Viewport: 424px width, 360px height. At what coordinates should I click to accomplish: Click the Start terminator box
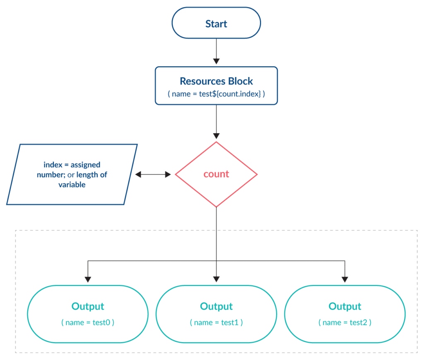pos(216,23)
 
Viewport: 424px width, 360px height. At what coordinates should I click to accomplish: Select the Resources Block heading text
pos(216,81)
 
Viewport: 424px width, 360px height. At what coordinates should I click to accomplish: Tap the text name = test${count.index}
pos(216,94)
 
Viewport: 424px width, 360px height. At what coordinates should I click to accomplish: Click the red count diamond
pos(216,174)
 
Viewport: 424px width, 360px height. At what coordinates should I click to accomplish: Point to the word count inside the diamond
pos(216,174)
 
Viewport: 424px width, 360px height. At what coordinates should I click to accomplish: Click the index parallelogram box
pos(72,174)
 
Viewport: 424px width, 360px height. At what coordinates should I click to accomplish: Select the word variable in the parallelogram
pos(72,185)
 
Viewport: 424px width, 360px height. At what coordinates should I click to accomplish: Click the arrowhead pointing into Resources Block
pos(216,61)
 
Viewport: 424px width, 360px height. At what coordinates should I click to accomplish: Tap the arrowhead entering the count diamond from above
pos(216,136)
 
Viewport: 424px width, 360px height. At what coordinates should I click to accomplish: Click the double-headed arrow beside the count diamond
pos(153,174)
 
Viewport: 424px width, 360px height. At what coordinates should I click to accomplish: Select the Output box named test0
pos(88,314)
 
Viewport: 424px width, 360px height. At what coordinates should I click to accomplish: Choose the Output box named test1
pos(216,314)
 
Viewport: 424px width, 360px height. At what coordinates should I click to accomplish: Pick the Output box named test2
pos(345,314)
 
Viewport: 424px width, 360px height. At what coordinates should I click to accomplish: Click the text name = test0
pos(88,322)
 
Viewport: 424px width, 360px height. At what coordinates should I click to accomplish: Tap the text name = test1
pos(216,322)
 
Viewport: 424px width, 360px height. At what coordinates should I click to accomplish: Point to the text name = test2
pos(345,322)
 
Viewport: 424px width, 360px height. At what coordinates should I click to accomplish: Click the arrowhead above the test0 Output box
pos(88,279)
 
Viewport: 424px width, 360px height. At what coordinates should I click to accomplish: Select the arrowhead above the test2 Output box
pos(345,279)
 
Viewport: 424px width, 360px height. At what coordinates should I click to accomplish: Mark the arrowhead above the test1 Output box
pos(216,279)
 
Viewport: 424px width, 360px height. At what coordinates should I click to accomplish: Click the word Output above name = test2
pos(345,307)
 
